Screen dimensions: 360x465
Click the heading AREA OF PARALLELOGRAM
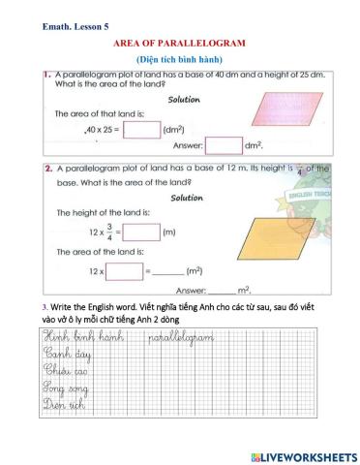click(180, 45)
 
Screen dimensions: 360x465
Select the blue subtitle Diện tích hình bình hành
click(180, 60)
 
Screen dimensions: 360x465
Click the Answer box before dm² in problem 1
click(224, 146)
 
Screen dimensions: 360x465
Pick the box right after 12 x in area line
click(127, 271)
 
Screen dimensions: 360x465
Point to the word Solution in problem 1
click(184, 100)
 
